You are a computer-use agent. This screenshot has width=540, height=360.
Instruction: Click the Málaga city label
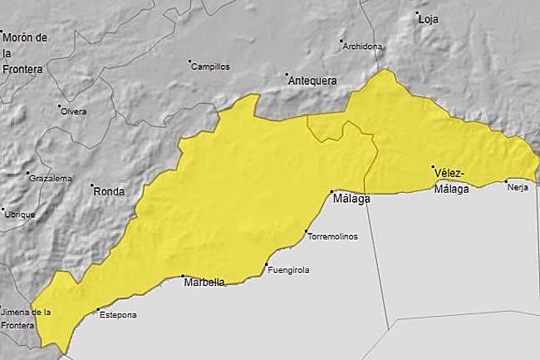[x=350, y=200]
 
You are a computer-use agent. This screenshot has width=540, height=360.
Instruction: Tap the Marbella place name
[x=204, y=282]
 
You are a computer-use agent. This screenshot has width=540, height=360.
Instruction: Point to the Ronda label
[x=110, y=192]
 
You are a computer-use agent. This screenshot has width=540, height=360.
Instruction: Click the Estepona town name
[x=117, y=315]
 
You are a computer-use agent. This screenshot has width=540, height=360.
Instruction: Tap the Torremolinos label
[x=332, y=236]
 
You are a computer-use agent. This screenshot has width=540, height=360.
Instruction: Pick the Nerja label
[x=517, y=188]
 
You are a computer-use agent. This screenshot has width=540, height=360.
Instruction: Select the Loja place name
[x=428, y=18]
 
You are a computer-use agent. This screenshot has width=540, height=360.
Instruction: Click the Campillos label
[x=210, y=67]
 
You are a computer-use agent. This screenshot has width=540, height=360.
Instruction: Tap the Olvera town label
[x=73, y=111]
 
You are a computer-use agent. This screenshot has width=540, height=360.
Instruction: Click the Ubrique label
[x=20, y=214]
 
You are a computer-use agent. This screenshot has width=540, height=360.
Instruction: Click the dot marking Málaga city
[x=331, y=191]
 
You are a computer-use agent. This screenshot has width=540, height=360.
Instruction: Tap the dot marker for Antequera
[x=287, y=73]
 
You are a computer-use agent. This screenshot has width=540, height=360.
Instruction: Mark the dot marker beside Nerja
[x=506, y=180]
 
